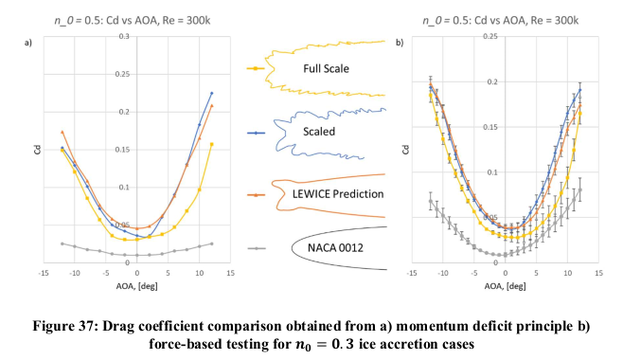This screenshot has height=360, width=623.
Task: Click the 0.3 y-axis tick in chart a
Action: pyautogui.click(x=123, y=36)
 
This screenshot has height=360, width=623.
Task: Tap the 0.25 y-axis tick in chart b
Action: pyautogui.click(x=489, y=36)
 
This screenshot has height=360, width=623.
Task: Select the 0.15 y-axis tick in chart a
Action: pyautogui.click(x=123, y=149)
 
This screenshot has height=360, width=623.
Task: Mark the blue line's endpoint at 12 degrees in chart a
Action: pyautogui.click(x=212, y=93)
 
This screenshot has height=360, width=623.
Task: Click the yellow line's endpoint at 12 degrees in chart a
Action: pyautogui.click(x=212, y=144)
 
